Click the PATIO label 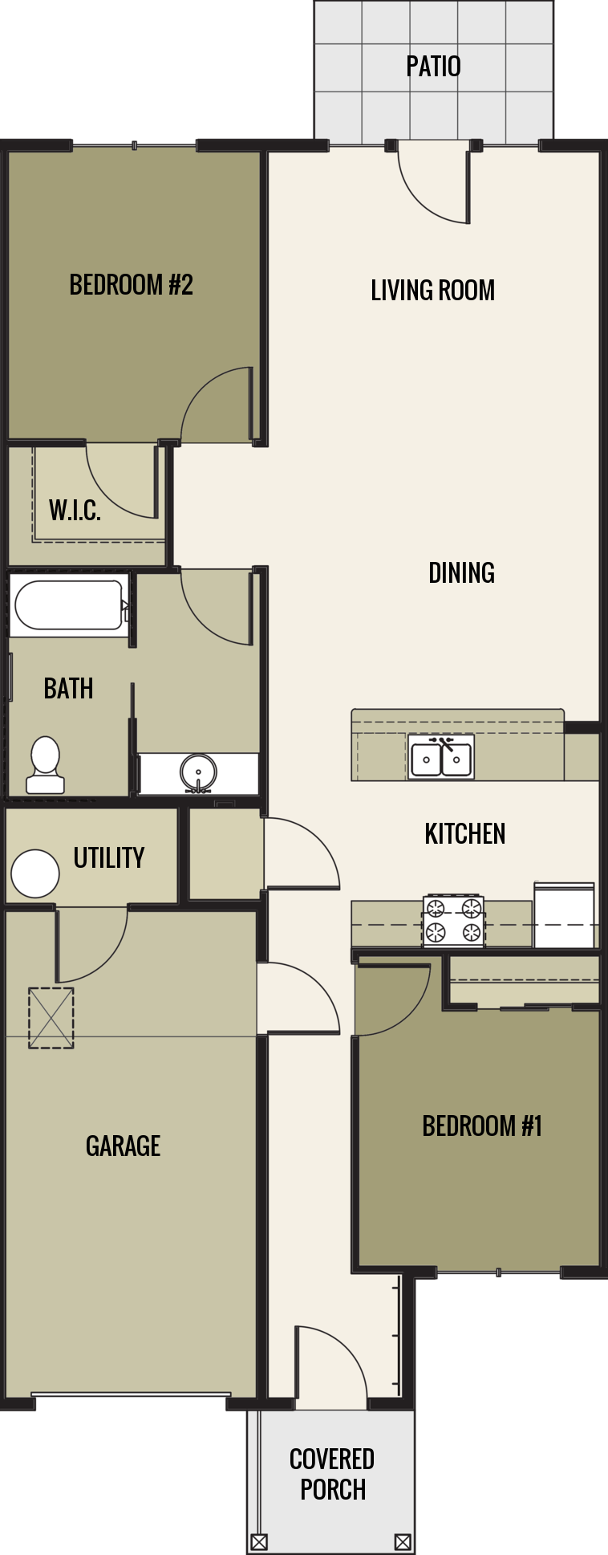pos(433,66)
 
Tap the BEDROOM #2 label pos(131,285)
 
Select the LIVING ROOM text pos(432,290)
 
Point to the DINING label pos(461,572)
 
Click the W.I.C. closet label pos(75,510)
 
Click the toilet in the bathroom pos(45,765)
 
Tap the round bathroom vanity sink pos(197,773)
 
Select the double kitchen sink pos(441,758)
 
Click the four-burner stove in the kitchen pos(453,920)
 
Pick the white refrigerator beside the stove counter pos(565,915)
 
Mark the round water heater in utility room pos(35,873)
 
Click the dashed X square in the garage pos(51,1017)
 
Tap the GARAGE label pos(123,1146)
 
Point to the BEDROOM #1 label pos(482,1126)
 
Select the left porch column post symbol pos(259,1541)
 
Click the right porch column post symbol pos(403,1541)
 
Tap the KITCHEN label pos(465,834)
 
